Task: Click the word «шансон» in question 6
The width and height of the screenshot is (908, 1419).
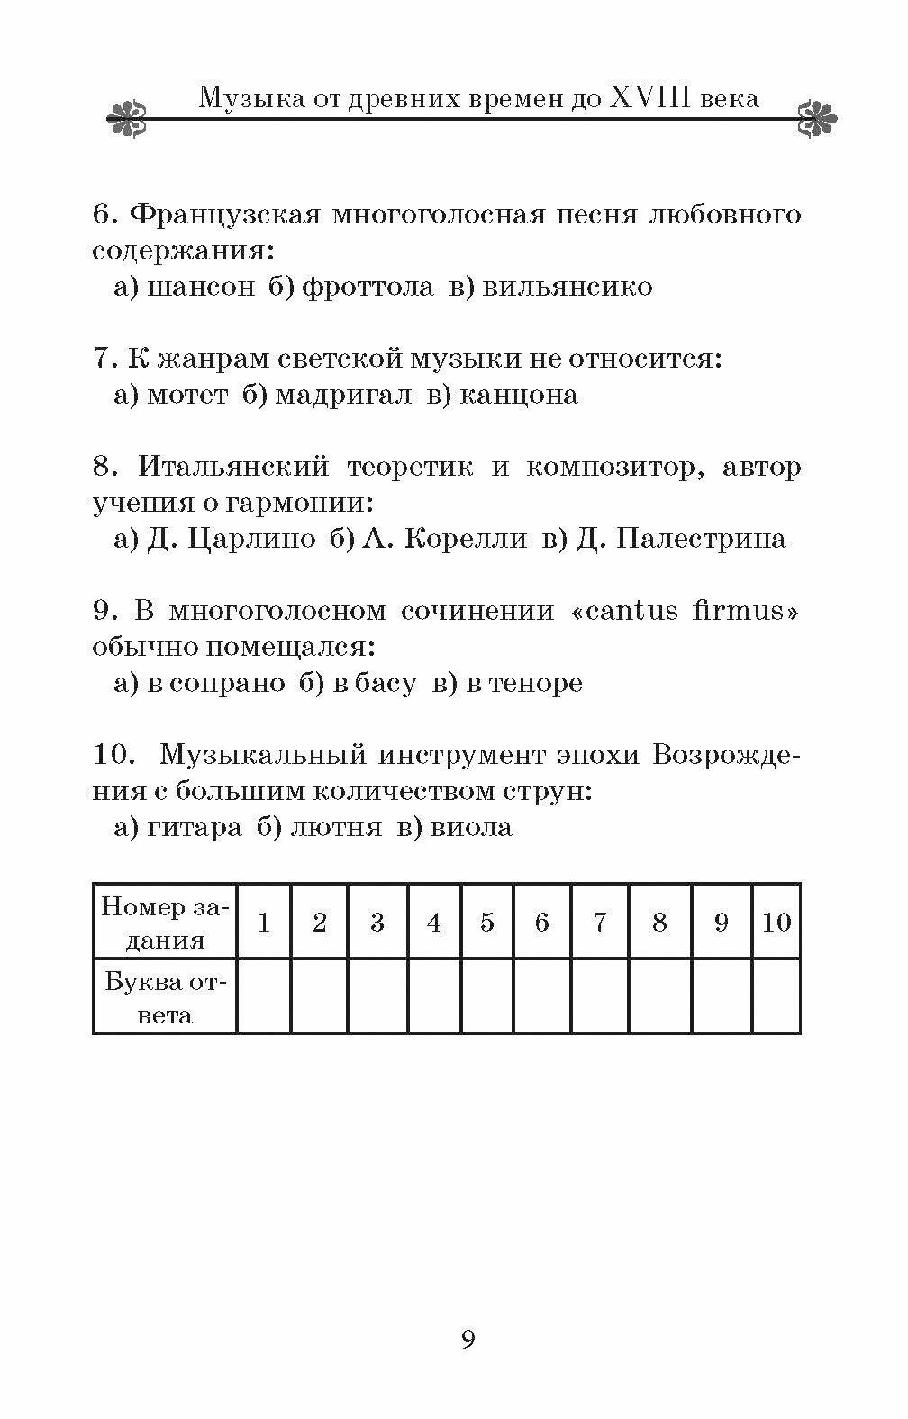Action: tap(199, 287)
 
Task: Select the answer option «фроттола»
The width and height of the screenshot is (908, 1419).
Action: tap(368, 287)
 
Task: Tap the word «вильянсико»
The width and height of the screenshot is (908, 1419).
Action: tap(567, 287)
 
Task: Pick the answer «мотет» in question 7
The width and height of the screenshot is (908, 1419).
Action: tap(186, 395)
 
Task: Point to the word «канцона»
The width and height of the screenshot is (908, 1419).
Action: tap(518, 395)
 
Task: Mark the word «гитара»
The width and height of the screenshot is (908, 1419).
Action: tap(194, 827)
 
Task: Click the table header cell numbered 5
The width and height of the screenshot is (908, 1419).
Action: tap(487, 922)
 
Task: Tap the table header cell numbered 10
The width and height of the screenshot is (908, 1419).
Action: tap(776, 922)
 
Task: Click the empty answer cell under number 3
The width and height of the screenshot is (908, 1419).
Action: tap(377, 996)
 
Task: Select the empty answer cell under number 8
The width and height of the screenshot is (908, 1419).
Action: tap(659, 996)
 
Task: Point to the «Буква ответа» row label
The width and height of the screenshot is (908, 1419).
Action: tap(166, 996)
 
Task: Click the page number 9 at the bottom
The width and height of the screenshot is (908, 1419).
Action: tap(468, 1339)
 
